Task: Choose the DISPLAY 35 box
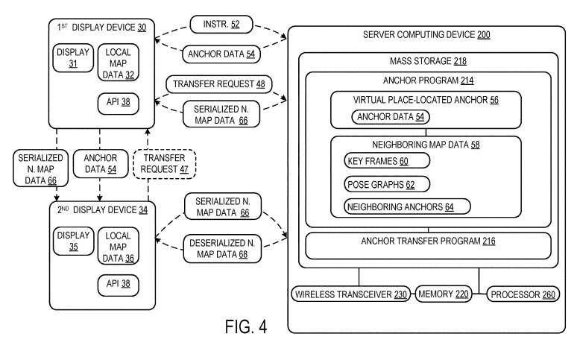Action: point(72,242)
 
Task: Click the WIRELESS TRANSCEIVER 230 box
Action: point(352,294)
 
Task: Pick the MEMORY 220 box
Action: point(443,294)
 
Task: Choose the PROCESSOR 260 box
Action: point(522,294)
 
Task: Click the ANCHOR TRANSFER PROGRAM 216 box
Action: point(427,242)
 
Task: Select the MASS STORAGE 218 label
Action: point(428,60)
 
